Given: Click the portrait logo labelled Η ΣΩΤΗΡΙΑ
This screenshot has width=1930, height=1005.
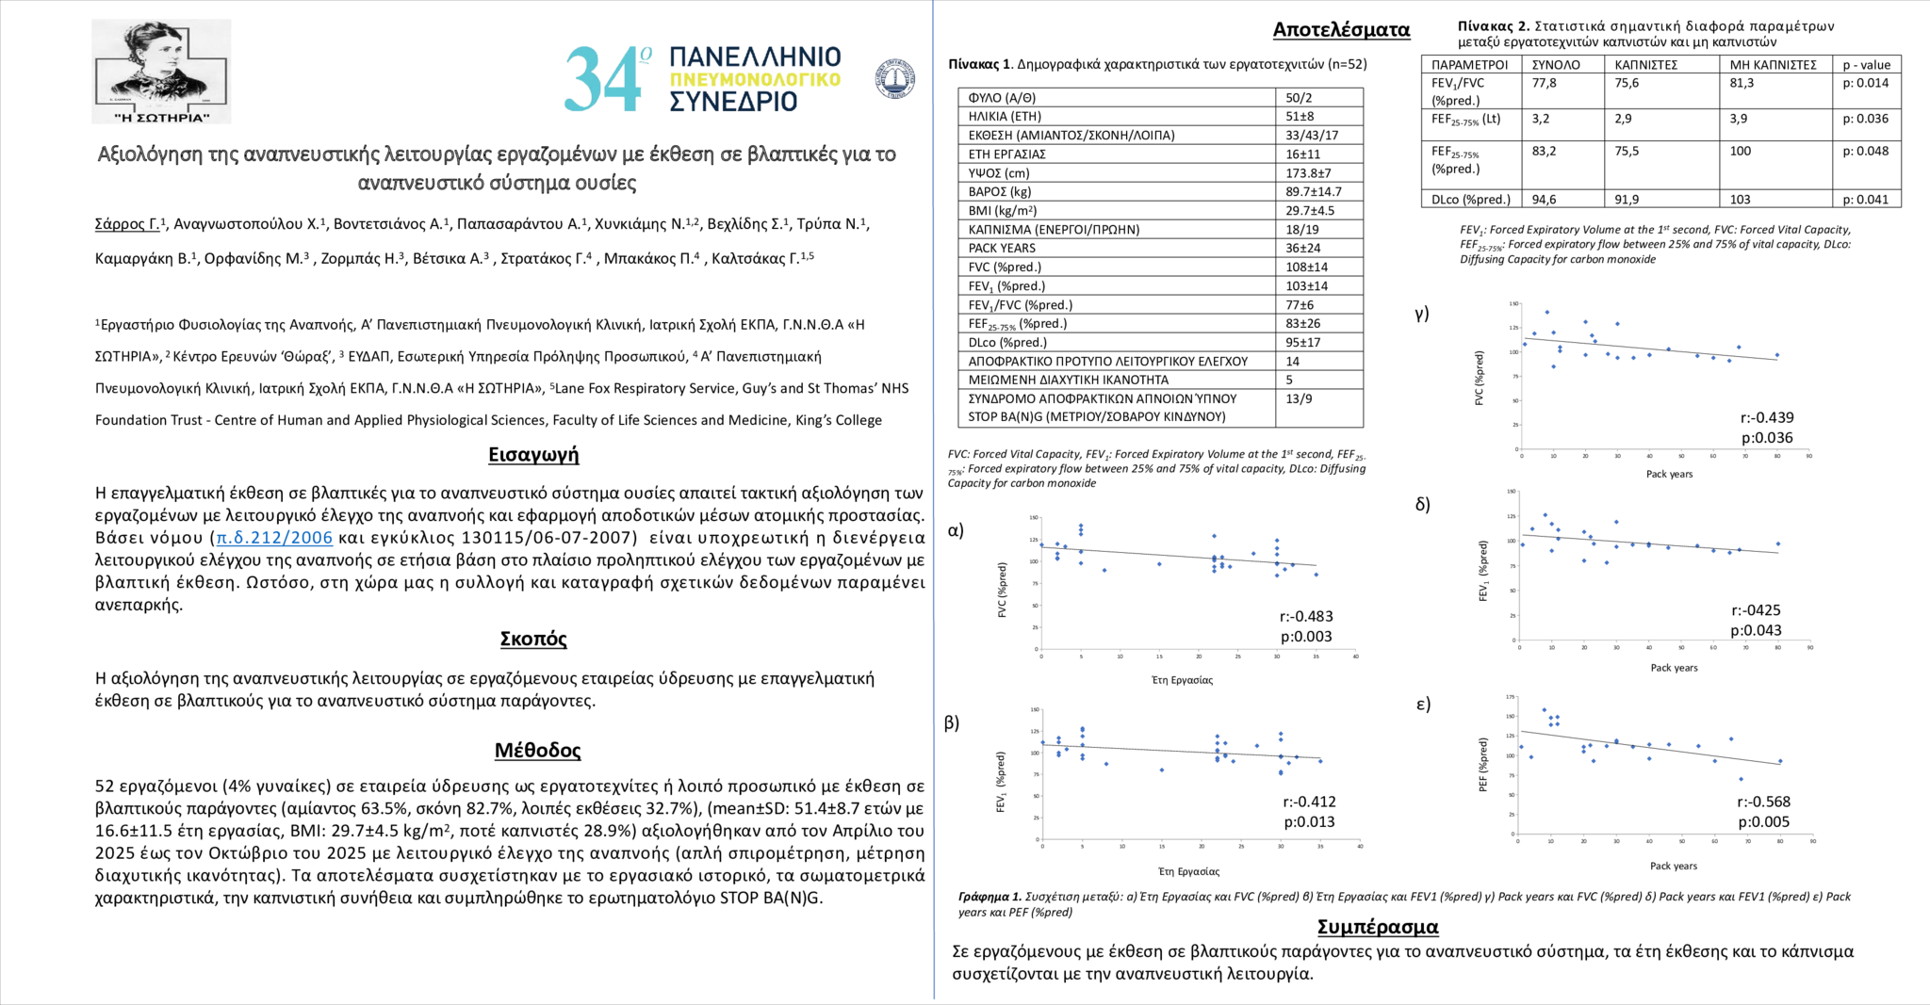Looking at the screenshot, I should (161, 71).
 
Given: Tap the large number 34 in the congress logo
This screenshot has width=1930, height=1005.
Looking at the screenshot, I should (603, 80).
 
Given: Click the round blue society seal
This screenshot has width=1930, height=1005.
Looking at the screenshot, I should (894, 79).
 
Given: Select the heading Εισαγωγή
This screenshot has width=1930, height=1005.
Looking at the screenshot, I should (533, 455).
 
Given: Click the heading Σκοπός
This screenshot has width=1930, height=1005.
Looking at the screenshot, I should (533, 639).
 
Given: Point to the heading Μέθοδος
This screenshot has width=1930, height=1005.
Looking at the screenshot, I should (537, 751).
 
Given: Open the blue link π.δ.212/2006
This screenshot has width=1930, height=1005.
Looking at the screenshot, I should (274, 538).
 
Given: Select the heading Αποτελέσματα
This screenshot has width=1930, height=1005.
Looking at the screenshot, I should (1341, 30).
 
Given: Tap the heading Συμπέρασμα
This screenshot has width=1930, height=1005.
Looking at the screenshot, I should (1378, 927).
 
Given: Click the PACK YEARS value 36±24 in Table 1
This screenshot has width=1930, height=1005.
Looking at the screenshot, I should (1302, 249).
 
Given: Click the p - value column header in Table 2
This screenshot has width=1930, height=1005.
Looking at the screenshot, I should (1866, 65).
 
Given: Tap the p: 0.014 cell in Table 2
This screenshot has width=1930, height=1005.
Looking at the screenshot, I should (1866, 83).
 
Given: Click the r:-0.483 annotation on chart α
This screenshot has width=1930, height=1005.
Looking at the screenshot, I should (1306, 617).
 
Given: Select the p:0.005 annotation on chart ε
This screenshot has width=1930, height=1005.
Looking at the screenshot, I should (1764, 822).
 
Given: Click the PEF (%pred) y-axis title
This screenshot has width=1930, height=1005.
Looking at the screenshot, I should (1483, 764).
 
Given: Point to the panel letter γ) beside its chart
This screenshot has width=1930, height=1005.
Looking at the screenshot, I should (1422, 314).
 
